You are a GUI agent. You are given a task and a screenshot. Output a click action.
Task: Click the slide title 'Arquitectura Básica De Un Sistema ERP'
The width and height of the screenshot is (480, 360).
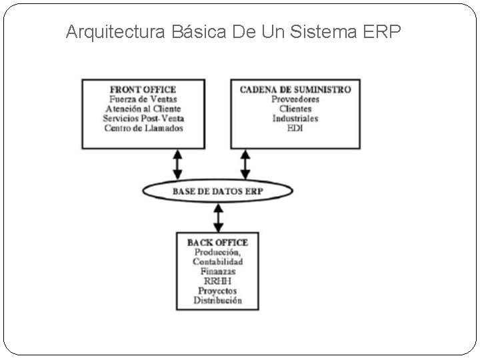tap(233, 32)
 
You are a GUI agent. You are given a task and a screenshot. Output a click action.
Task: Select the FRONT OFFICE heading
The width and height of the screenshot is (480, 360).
tap(143, 89)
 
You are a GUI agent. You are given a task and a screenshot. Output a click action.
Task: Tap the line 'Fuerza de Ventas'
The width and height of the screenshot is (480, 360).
tap(143, 99)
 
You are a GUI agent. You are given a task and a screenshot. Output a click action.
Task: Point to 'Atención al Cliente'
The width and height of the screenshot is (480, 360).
tap(143, 109)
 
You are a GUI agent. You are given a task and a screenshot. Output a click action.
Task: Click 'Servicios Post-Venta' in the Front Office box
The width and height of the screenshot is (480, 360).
tap(143, 118)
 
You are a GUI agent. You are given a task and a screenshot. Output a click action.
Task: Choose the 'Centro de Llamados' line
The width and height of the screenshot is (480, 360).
tap(143, 127)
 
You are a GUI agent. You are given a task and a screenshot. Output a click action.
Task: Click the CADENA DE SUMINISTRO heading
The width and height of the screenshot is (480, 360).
tap(295, 89)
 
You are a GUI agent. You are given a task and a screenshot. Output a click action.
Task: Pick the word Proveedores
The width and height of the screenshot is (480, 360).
tap(295, 99)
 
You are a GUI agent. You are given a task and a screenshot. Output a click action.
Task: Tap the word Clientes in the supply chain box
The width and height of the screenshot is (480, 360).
tap(295, 109)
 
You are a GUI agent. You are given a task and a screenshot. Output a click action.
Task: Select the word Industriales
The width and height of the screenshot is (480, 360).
tap(295, 118)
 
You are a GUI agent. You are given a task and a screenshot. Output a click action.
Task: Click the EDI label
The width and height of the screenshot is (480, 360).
tap(295, 127)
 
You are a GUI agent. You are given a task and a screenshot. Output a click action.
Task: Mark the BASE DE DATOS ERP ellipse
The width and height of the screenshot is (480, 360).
tap(218, 191)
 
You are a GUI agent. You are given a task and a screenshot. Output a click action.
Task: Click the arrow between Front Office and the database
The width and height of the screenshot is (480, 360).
tap(177, 163)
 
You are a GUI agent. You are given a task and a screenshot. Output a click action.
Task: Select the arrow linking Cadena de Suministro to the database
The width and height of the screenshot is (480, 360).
tap(245, 163)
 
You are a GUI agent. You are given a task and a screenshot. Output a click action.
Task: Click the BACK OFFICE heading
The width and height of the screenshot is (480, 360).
tap(217, 243)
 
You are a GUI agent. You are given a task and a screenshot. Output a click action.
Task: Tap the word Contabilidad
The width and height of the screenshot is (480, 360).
tap(217, 262)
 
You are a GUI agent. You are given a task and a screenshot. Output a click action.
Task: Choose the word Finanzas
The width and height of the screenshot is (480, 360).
tap(217, 272)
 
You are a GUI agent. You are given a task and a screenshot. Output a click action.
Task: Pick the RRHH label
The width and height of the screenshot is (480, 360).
tap(217, 281)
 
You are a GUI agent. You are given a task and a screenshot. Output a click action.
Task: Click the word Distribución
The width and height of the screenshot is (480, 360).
tap(217, 301)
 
